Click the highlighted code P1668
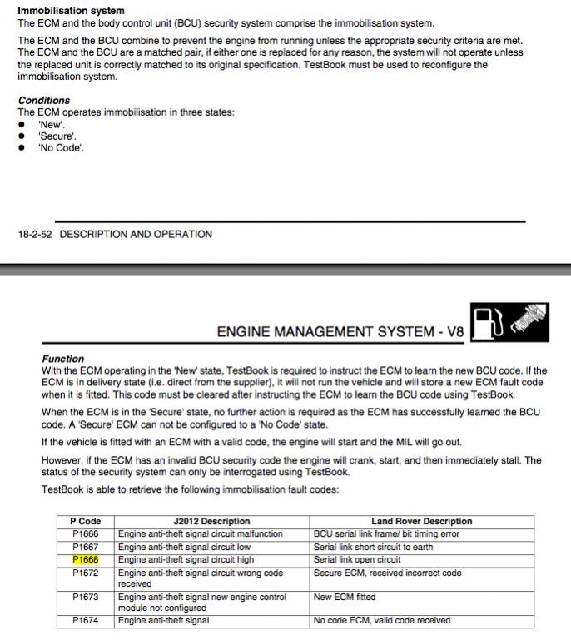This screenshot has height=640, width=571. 86,560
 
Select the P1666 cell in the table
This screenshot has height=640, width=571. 86,534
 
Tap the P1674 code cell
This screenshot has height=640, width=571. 86,620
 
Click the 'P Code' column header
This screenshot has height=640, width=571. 86,522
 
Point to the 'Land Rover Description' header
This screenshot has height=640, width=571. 422,522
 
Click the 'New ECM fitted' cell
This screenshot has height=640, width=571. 345,597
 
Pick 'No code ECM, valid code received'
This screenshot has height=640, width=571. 382,620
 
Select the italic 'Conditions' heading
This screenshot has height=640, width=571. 44,101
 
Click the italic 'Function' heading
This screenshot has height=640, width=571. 63,359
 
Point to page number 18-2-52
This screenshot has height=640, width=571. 35,235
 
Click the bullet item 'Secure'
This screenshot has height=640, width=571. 57,136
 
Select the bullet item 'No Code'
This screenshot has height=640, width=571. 61,148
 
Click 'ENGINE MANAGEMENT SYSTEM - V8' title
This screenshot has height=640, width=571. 340,331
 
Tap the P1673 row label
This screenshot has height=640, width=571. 86,597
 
